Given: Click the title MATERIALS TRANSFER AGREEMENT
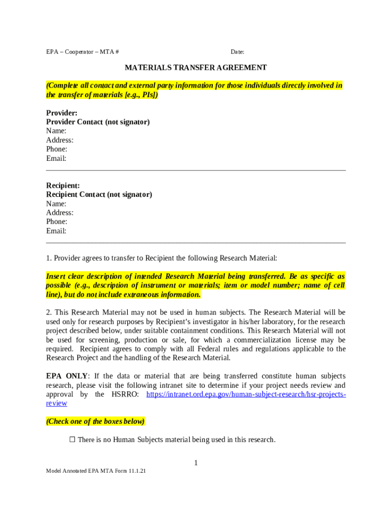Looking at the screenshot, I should [196, 68].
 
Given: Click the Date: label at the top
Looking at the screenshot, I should [237, 52].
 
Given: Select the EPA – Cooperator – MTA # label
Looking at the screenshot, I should [82, 52].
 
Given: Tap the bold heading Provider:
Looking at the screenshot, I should [62, 113].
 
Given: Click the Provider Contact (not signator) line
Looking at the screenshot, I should [98, 122].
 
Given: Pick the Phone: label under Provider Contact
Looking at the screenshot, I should [57, 149].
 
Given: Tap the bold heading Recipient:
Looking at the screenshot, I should [63, 186].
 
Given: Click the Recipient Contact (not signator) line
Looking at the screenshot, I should [99, 194].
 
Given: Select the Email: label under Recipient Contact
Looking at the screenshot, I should [56, 231].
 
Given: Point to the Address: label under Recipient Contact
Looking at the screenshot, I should [60, 213].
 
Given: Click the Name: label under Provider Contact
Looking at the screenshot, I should [56, 131].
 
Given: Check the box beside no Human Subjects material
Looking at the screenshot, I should [72, 440].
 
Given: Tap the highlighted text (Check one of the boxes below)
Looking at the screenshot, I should [95, 421].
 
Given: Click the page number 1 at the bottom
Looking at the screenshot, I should [195, 462].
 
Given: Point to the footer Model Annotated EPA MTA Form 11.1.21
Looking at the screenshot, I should [96, 471].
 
